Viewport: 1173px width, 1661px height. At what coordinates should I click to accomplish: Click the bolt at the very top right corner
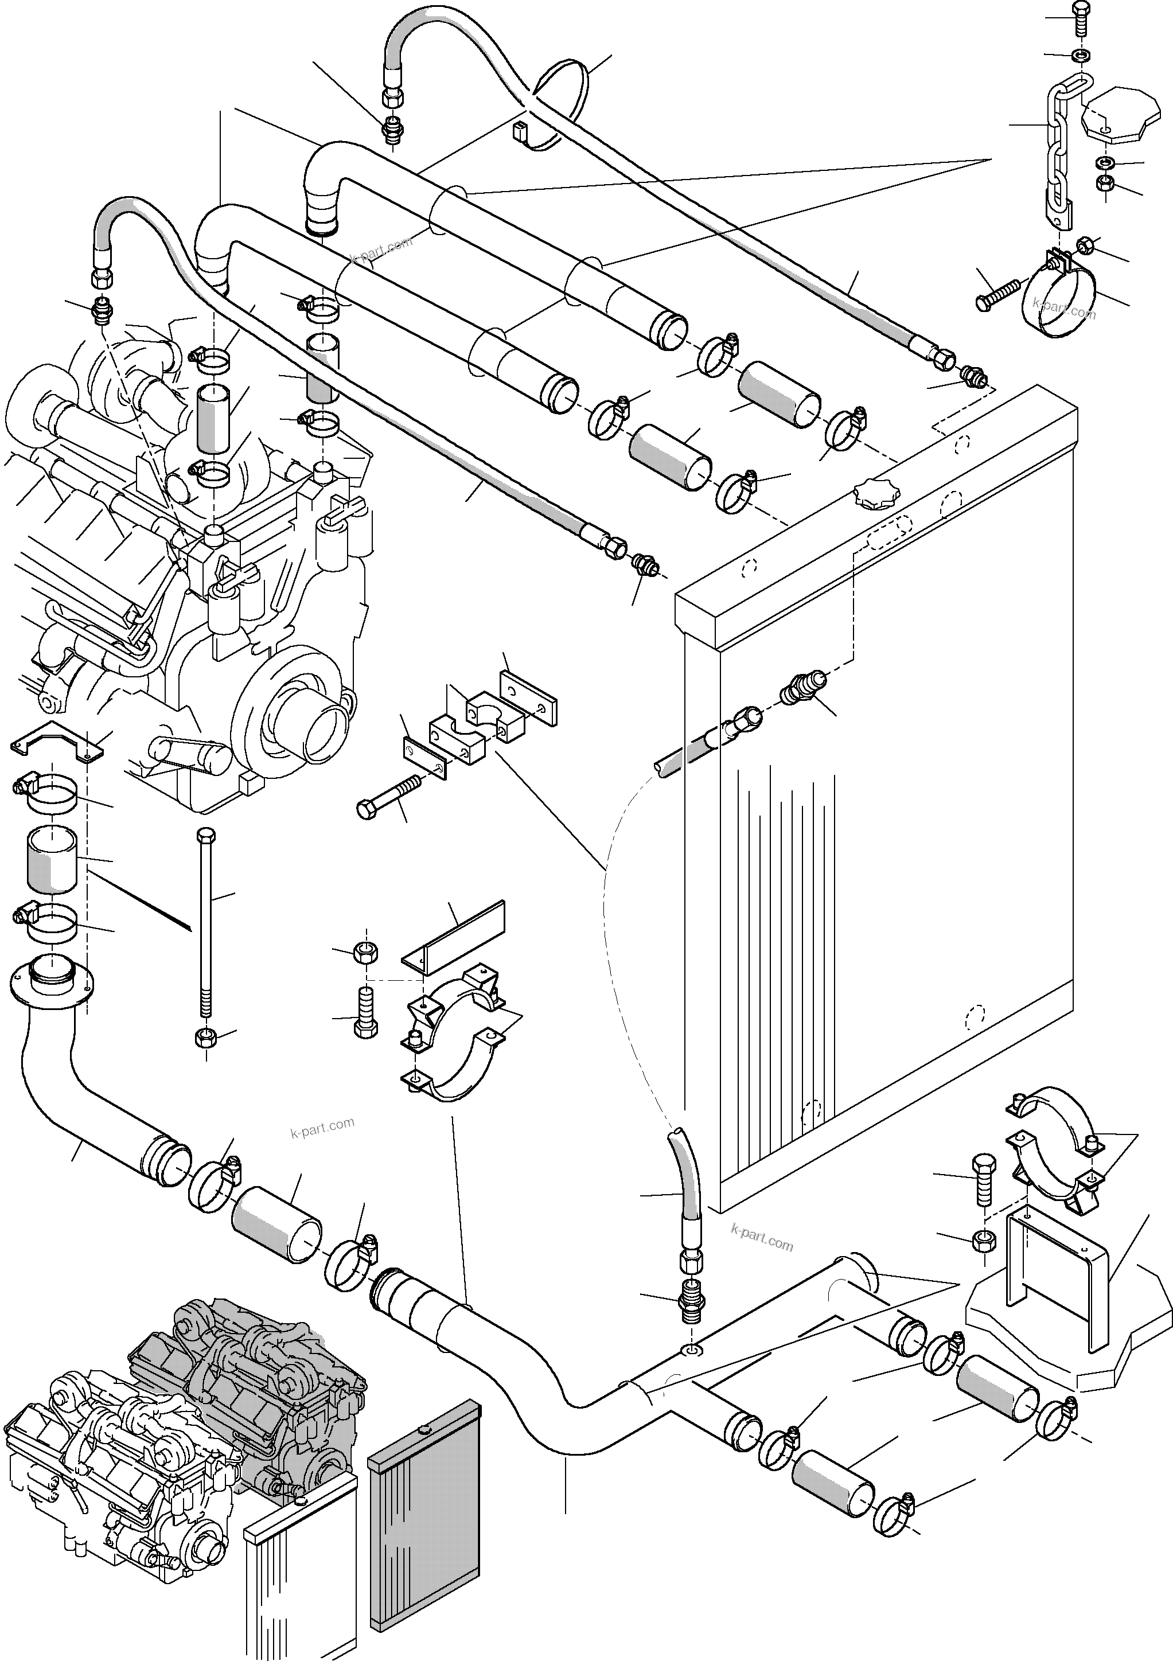coord(1076,18)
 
